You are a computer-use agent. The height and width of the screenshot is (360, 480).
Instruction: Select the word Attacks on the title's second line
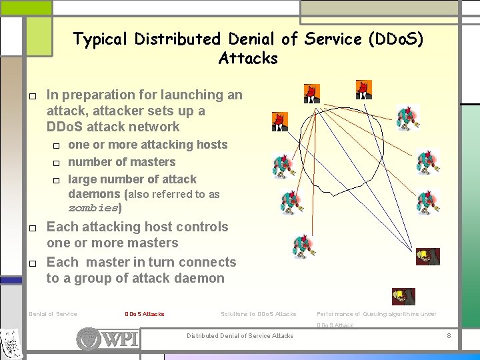pos(248,59)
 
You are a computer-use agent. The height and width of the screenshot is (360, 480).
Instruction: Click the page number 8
pos(449,335)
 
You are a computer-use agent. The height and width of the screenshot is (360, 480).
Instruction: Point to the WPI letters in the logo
pos(121,339)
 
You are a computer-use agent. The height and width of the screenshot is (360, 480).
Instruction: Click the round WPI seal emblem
pos(89,339)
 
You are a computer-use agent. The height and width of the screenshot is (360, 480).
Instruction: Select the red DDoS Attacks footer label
pos(144,314)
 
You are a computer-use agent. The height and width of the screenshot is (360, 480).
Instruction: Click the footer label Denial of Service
pos(53,314)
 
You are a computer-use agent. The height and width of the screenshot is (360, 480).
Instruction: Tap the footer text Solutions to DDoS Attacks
pos(258,314)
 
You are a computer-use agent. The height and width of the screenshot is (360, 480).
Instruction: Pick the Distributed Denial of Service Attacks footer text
pos(240,335)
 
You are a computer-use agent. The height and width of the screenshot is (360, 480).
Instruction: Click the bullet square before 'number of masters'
pos(57,163)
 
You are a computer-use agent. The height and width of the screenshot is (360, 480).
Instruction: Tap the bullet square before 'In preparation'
pos(32,96)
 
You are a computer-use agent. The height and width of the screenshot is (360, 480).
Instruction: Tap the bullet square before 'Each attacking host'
pos(32,228)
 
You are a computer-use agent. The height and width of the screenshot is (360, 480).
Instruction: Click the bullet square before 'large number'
pos(57,180)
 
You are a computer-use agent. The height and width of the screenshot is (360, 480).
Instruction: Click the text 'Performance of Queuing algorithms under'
pos(376,314)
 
